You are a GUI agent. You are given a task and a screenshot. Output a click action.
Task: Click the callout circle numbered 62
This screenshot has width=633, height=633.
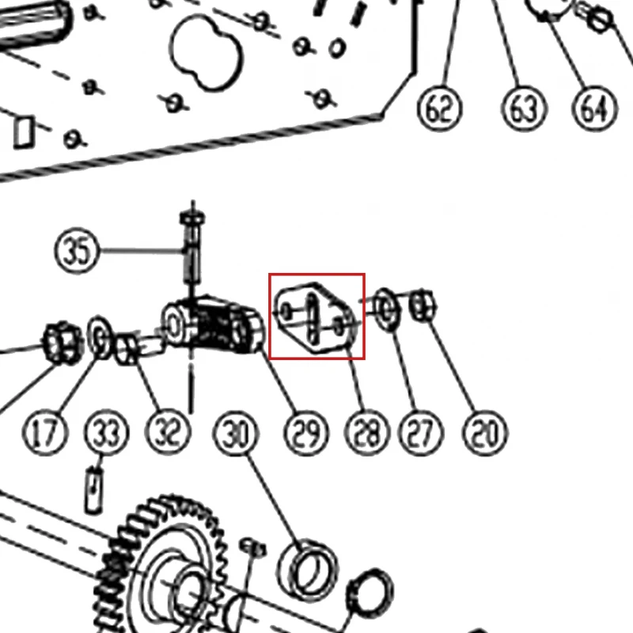(440, 108)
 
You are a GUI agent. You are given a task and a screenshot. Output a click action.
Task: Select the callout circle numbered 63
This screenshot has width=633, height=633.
(524, 108)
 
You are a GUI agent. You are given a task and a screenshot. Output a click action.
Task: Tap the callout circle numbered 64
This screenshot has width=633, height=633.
(595, 108)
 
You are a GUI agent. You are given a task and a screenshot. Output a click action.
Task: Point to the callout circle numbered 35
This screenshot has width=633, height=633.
(76, 251)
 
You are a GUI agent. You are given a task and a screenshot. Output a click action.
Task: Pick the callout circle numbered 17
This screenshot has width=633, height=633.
(44, 433)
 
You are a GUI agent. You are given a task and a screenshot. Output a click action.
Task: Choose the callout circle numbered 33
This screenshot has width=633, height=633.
(107, 433)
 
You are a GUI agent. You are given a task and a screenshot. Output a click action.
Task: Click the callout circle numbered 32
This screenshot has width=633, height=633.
(168, 433)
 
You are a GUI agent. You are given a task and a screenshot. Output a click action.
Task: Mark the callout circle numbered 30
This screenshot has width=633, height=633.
(235, 433)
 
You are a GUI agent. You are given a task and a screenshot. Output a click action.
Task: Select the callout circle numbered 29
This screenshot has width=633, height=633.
(306, 433)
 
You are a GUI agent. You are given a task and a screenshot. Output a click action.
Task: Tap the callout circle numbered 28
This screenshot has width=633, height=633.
(366, 433)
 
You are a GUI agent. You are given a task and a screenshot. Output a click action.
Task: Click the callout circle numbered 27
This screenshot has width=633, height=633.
(421, 433)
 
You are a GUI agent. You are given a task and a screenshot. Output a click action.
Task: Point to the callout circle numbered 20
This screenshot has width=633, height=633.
(484, 433)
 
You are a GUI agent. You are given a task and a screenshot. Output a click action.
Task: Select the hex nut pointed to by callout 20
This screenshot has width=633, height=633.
(423, 305)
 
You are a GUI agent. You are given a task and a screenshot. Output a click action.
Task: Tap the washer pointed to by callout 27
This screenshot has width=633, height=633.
(387, 309)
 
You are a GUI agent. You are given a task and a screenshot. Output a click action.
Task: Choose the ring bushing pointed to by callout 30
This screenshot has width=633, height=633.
(308, 570)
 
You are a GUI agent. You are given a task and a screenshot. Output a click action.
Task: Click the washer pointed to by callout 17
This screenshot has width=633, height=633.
(100, 338)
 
